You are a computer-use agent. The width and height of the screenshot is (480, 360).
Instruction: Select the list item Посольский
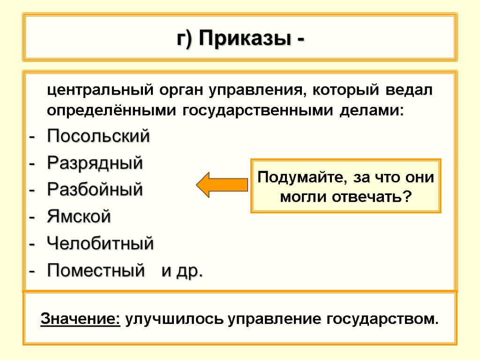98,137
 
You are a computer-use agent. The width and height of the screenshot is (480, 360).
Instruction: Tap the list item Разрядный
95,164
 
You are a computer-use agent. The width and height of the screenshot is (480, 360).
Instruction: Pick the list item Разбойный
95,190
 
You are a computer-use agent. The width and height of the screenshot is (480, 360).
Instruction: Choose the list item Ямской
79,217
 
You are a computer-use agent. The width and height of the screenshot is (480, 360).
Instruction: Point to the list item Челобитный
100,244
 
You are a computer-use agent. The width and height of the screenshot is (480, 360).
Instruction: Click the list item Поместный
95,270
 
